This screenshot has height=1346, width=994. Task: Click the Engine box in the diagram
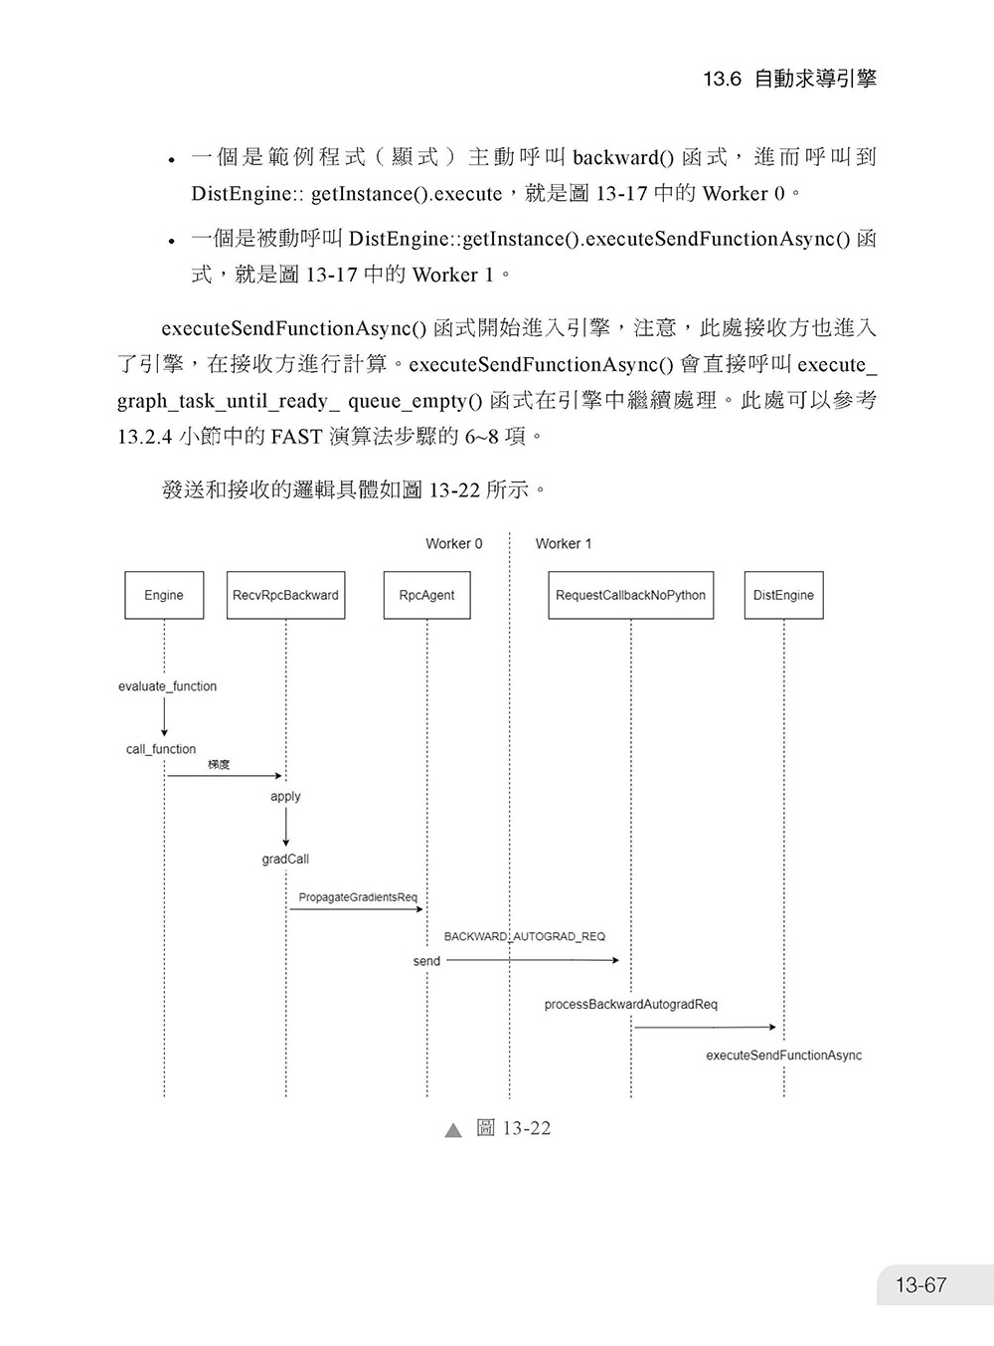click(x=164, y=595)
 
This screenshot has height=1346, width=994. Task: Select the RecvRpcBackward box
click(x=285, y=595)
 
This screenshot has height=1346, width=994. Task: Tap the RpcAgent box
click(x=426, y=595)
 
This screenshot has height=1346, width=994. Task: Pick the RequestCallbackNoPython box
click(x=631, y=595)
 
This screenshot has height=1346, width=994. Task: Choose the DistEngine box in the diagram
click(x=783, y=595)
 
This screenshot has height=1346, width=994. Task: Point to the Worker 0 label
click(x=453, y=544)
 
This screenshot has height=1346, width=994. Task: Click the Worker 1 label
click(x=563, y=544)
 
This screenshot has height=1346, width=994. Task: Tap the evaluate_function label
click(x=167, y=686)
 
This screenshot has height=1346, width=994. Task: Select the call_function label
click(x=161, y=749)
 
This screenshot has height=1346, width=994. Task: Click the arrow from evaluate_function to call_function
click(x=164, y=716)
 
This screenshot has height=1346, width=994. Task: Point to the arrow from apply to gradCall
click(x=285, y=827)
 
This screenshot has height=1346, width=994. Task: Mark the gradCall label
click(x=285, y=859)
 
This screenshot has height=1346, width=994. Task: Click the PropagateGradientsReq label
click(x=358, y=897)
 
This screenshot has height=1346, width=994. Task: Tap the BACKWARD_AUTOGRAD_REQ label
click(x=525, y=936)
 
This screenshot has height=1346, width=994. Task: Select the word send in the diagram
click(x=426, y=961)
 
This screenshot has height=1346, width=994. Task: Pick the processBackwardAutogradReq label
click(x=631, y=1004)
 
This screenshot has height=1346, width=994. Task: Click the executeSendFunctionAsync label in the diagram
click(x=783, y=1055)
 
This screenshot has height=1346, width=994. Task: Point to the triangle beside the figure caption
click(x=453, y=1130)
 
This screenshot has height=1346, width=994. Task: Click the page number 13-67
click(x=920, y=1284)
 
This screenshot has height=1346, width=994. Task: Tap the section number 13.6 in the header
click(x=722, y=79)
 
